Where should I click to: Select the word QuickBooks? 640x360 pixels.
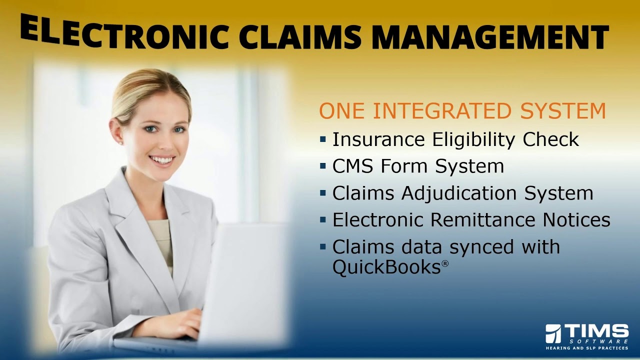pyautogui.click(x=386, y=267)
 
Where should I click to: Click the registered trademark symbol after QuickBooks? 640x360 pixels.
pyautogui.click(x=444, y=263)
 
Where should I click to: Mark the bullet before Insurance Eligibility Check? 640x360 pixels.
pyautogui.click(x=323, y=139)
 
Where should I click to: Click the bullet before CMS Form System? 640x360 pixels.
pyautogui.click(x=323, y=166)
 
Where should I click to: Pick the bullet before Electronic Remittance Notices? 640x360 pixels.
pyautogui.click(x=323, y=220)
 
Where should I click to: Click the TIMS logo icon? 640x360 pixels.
pyautogui.click(x=553, y=333)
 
